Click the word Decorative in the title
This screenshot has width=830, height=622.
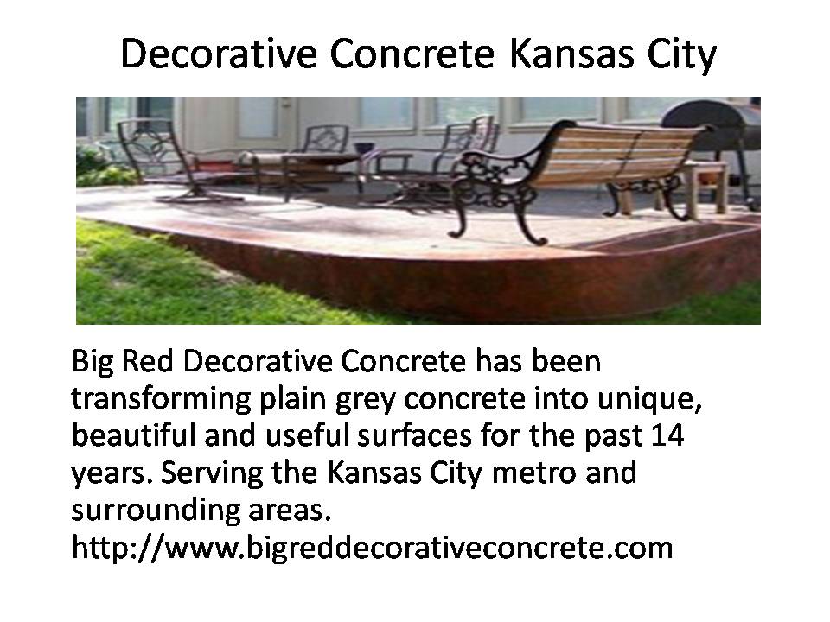pos(218,54)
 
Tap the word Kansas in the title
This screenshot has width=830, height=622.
pos(571,54)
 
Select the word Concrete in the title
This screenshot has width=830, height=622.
pos(412,54)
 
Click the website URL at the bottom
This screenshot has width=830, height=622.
pos(372,547)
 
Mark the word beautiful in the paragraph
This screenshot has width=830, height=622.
pos(133,435)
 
